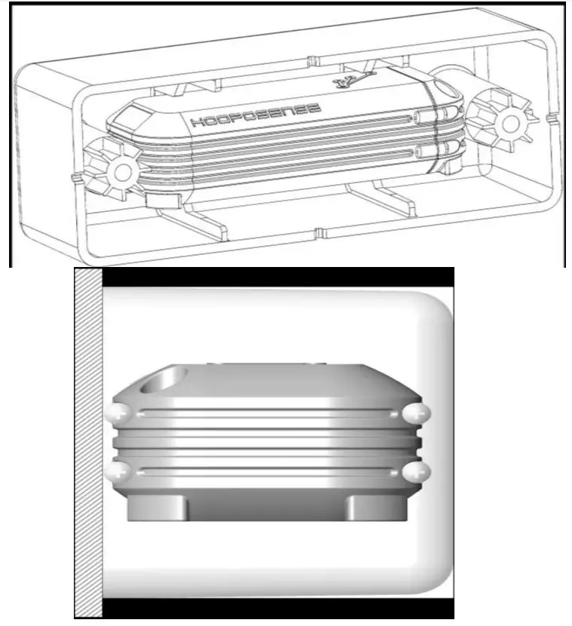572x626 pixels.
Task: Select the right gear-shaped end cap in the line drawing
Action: coord(500,120)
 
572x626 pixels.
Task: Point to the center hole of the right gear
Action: coord(510,121)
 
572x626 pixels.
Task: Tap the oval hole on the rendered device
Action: coord(167,379)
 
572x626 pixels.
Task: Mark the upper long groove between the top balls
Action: coord(268,413)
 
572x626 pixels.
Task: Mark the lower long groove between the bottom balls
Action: coord(268,472)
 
